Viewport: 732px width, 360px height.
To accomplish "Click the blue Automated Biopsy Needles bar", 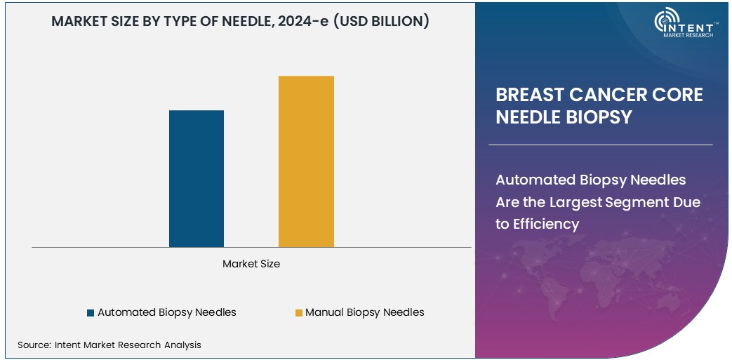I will point(197,178).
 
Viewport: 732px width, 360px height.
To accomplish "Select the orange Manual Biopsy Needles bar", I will point(306,161).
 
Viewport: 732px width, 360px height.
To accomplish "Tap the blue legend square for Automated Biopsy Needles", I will point(91,312).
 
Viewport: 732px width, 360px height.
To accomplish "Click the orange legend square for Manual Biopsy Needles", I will point(298,312).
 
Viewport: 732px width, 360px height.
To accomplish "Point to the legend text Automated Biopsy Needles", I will point(167,312).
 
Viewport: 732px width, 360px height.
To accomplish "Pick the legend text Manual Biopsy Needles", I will point(365,312).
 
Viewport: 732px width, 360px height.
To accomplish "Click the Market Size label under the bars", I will point(251,264).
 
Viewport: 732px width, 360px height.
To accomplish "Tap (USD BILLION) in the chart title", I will point(381,22).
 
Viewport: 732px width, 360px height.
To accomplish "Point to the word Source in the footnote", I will point(33,345).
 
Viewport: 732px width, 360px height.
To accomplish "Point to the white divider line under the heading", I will point(600,145).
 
